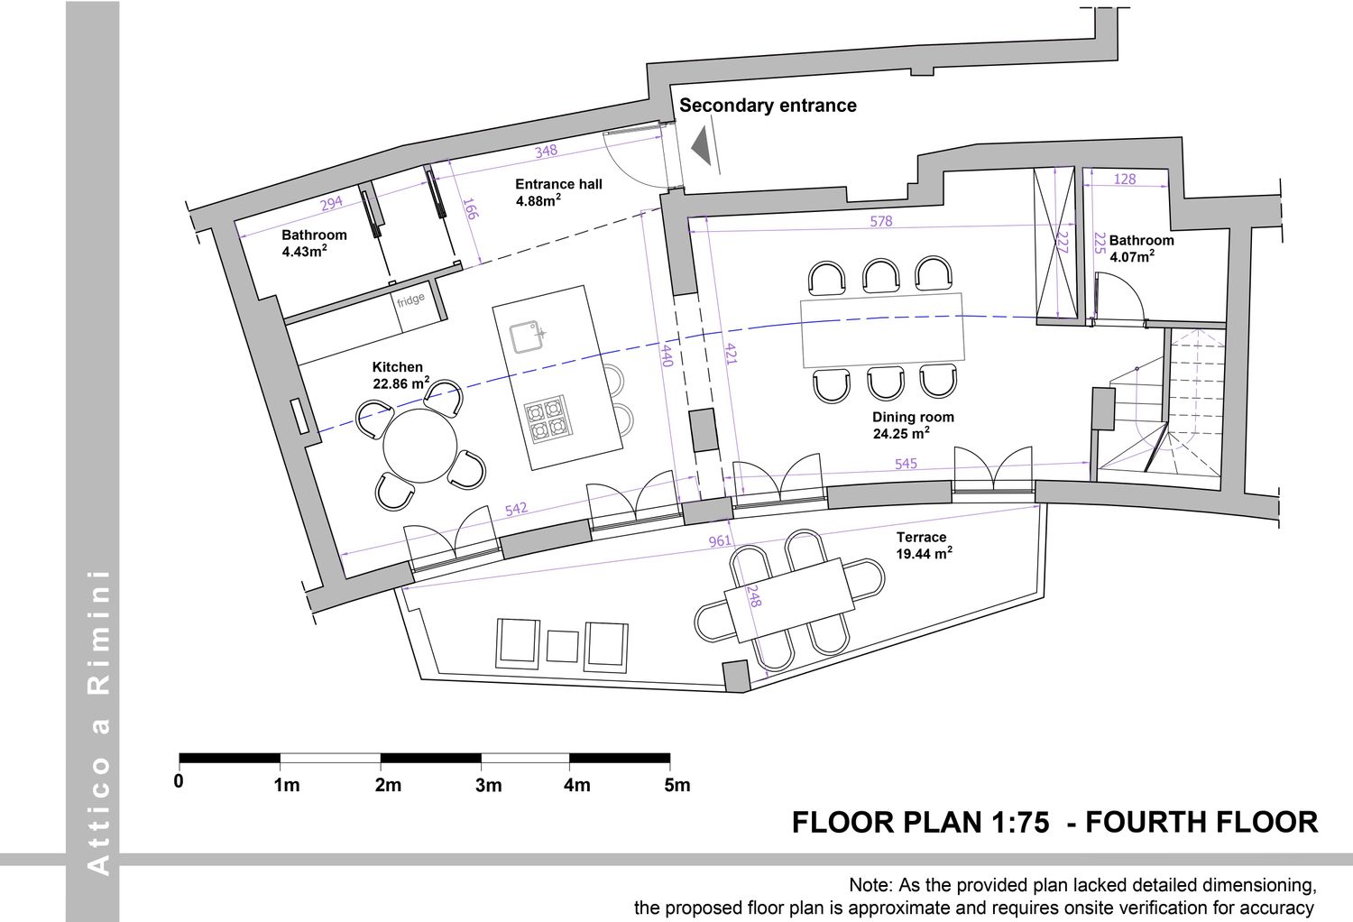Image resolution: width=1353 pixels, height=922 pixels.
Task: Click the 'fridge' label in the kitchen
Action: (x=410, y=300)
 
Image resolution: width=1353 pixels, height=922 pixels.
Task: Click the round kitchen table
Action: (x=419, y=446)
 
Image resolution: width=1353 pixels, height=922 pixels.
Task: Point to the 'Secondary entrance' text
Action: (x=768, y=106)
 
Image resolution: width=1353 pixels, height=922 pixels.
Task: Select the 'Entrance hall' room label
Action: (x=558, y=184)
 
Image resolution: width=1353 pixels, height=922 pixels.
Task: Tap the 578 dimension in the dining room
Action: (x=880, y=221)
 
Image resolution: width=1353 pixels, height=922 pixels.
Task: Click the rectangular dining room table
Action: (x=882, y=330)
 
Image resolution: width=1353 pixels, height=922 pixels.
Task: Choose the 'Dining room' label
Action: (x=913, y=417)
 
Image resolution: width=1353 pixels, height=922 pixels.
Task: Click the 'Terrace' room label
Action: (x=921, y=537)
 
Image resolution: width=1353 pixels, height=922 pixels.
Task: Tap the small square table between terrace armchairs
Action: (x=562, y=646)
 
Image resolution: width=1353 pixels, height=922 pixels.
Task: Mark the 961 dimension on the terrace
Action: (x=720, y=540)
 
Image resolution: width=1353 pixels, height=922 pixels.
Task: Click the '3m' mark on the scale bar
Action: (x=488, y=785)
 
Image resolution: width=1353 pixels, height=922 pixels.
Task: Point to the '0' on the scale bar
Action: (x=179, y=781)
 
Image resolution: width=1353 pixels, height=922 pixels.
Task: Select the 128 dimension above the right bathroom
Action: (x=1124, y=179)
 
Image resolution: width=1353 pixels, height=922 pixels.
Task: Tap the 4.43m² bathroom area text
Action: (x=305, y=251)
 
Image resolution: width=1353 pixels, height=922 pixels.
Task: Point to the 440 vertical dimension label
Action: (x=667, y=355)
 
